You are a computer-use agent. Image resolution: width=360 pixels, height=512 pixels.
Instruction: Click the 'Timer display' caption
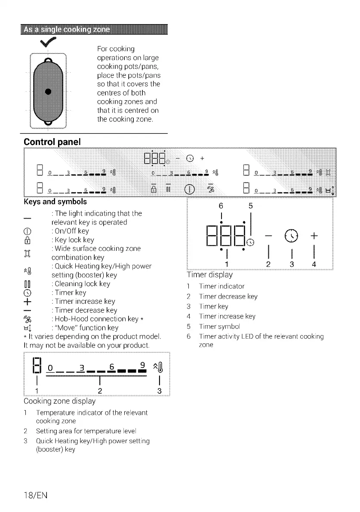tap(209, 275)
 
